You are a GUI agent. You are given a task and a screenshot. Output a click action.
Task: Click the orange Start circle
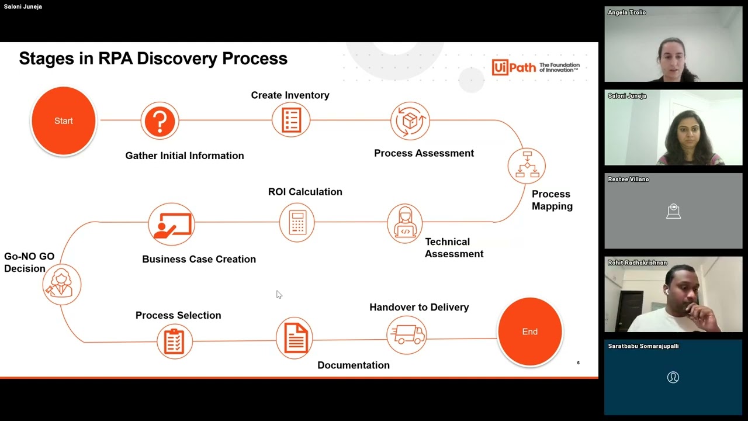click(x=64, y=120)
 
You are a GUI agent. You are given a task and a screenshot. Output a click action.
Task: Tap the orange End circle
click(x=529, y=332)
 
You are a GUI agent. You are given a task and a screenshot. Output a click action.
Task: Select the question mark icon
click(x=160, y=120)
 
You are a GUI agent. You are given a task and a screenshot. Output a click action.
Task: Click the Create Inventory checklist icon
click(x=291, y=120)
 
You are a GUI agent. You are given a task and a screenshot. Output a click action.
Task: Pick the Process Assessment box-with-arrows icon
click(x=410, y=120)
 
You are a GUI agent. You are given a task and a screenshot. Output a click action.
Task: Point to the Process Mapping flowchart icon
click(x=527, y=165)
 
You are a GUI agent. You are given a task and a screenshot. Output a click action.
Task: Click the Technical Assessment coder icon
click(x=405, y=223)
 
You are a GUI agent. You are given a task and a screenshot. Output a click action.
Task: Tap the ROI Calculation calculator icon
click(x=297, y=222)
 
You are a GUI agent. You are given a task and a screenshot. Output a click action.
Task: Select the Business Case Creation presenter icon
click(x=172, y=224)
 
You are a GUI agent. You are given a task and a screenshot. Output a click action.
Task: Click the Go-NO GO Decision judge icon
click(x=62, y=284)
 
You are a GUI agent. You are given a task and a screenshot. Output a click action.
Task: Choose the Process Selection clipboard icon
click(x=175, y=341)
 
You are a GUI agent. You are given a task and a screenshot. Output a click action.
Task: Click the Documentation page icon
click(x=294, y=338)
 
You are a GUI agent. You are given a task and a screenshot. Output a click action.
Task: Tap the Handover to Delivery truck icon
click(x=407, y=335)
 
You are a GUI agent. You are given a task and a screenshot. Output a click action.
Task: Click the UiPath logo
click(x=535, y=67)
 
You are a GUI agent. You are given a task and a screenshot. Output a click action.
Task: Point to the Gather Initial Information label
click(x=185, y=156)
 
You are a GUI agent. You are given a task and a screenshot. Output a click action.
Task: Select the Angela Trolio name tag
click(x=627, y=12)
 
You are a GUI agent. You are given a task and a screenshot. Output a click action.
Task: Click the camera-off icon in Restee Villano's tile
click(x=673, y=211)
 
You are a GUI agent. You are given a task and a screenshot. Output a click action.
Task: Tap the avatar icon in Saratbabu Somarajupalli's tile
click(x=673, y=377)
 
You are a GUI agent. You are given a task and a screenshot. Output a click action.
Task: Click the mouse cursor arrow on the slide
click(x=279, y=294)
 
